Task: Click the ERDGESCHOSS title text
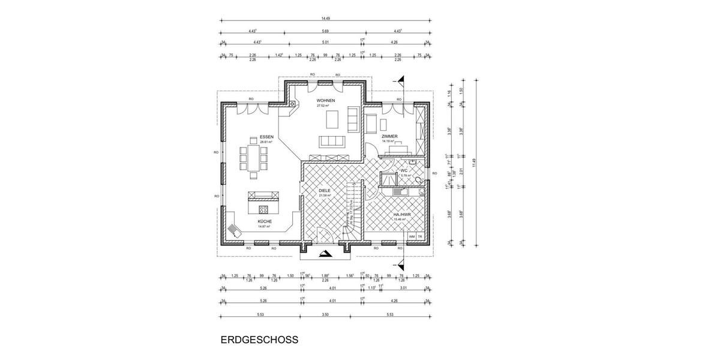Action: pyautogui.click(x=259, y=339)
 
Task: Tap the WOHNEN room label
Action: pyautogui.click(x=326, y=100)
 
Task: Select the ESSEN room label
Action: pyautogui.click(x=266, y=137)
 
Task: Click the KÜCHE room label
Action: pyautogui.click(x=265, y=221)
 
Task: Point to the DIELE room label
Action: pyautogui.click(x=325, y=191)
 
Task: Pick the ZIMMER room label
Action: pyautogui.click(x=389, y=137)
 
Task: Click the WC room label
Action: pyautogui.click(x=404, y=171)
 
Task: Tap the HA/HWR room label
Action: pyautogui.click(x=401, y=215)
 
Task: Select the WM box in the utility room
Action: pyautogui.click(x=412, y=236)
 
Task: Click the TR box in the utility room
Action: pyautogui.click(x=421, y=236)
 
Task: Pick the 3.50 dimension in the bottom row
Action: pyautogui.click(x=325, y=314)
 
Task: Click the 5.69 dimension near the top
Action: pyautogui.click(x=325, y=31)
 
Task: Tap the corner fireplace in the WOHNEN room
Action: pyautogui.click(x=292, y=107)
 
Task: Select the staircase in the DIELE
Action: pyautogui.click(x=353, y=210)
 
